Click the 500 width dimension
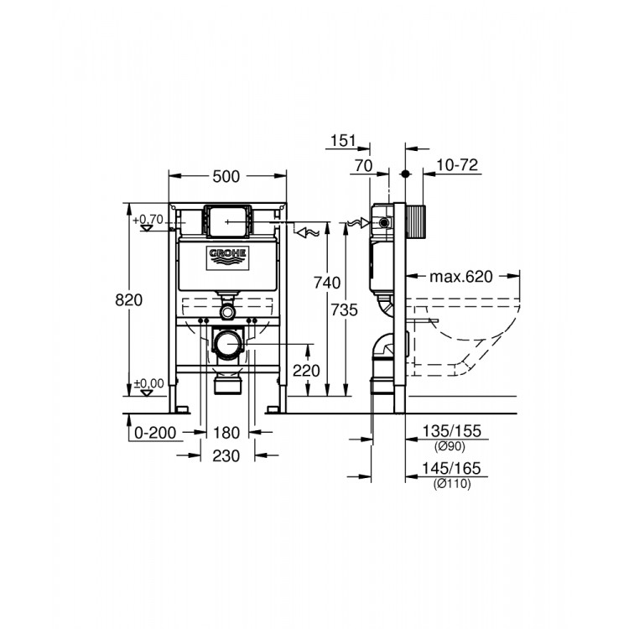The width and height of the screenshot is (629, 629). [x=226, y=176]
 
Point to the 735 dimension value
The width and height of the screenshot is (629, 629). [x=344, y=309]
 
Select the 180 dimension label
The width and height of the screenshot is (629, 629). [x=226, y=433]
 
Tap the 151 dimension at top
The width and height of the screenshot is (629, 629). [x=344, y=141]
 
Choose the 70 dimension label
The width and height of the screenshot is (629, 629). [x=362, y=166]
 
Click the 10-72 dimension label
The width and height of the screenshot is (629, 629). [x=458, y=166]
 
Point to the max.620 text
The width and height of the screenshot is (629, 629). [x=460, y=275]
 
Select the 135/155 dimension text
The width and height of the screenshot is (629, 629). [x=454, y=431]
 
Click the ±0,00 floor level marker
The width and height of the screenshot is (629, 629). [x=150, y=384]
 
